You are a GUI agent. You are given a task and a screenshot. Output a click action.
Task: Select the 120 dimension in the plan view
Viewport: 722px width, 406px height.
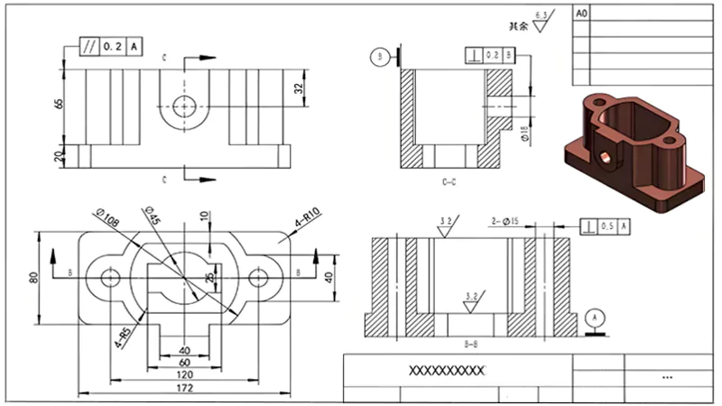(184, 373)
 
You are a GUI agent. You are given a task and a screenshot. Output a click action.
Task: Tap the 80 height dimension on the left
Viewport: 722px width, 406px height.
(33, 275)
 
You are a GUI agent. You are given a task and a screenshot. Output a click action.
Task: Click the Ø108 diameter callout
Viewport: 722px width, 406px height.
(107, 217)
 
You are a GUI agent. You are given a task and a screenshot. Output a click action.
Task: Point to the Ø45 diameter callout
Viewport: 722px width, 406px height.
(154, 216)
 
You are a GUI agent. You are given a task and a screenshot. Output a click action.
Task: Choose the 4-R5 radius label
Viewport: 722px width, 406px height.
(122, 336)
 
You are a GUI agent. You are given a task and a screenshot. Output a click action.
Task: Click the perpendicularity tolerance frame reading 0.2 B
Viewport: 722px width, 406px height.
(491, 55)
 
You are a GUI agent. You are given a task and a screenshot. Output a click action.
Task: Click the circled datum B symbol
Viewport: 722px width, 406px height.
(378, 57)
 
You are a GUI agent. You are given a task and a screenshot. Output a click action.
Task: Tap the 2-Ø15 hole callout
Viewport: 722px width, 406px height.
(503, 220)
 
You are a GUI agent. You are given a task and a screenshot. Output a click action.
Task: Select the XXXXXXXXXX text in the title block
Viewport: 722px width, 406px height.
(448, 371)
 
